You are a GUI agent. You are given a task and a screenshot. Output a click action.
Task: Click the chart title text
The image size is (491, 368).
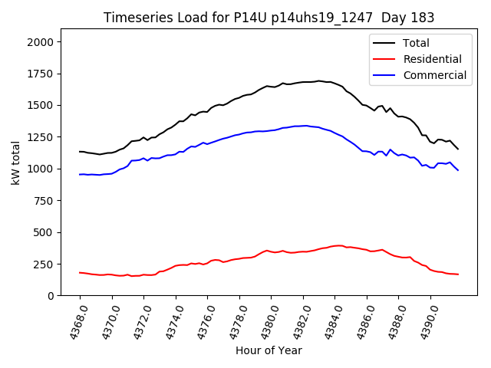tap(269, 18)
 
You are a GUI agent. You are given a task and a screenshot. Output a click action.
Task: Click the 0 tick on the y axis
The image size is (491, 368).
tap(51, 295)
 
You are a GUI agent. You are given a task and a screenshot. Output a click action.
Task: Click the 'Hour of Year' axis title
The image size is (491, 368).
tap(269, 350)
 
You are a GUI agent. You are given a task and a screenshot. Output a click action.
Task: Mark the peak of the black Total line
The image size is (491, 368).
tap(318, 80)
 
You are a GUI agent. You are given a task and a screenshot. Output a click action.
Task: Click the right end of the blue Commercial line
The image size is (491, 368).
tap(458, 170)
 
